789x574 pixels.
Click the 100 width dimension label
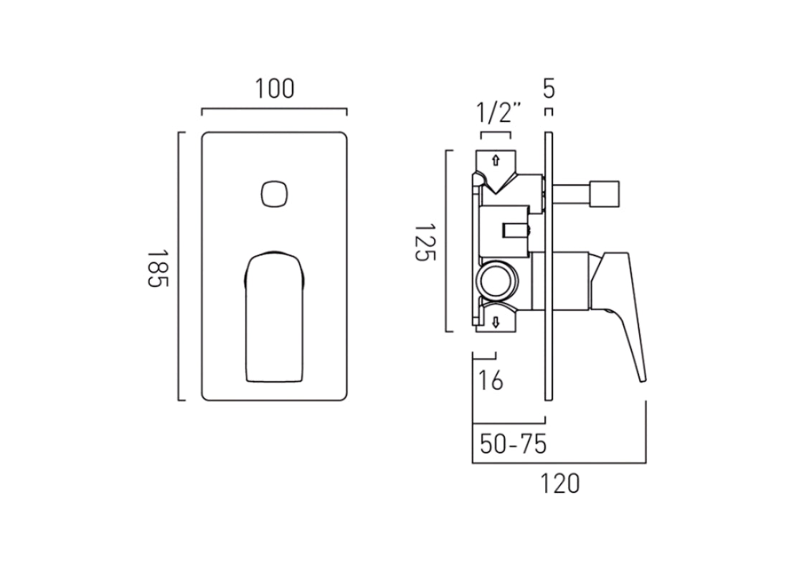[274, 89]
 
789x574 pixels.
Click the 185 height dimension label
[157, 268]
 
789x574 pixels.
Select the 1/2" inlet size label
[498, 113]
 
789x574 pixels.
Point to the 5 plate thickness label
[549, 89]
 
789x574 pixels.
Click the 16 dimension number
[491, 380]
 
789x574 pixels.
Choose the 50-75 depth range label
[513, 444]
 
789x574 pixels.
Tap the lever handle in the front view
[274, 316]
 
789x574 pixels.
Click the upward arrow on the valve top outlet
[495, 160]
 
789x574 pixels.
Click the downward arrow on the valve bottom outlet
[495, 323]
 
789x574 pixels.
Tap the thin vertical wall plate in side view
[549, 265]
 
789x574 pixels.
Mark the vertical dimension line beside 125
[446, 241]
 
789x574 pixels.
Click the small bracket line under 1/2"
[496, 133]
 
